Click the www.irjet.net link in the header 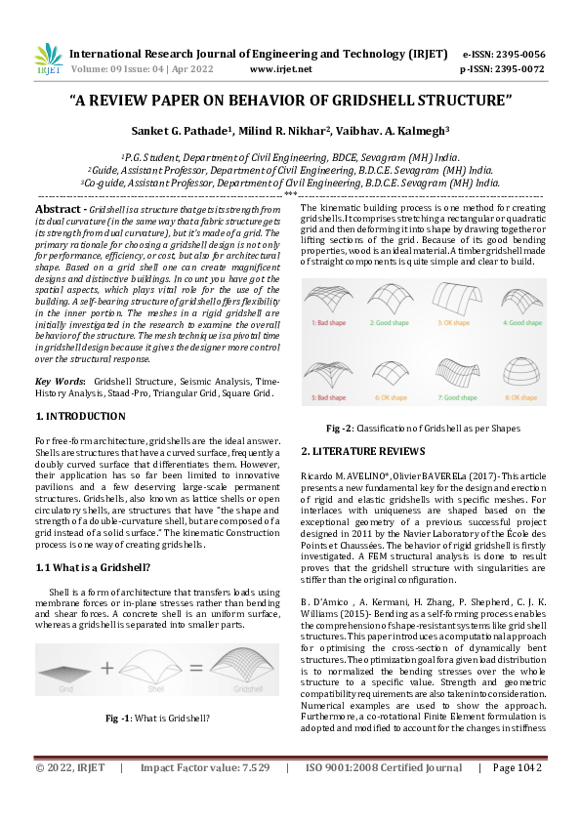pos(280,69)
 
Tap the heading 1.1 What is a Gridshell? pos(91,566)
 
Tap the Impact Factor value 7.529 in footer pos(250,796)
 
